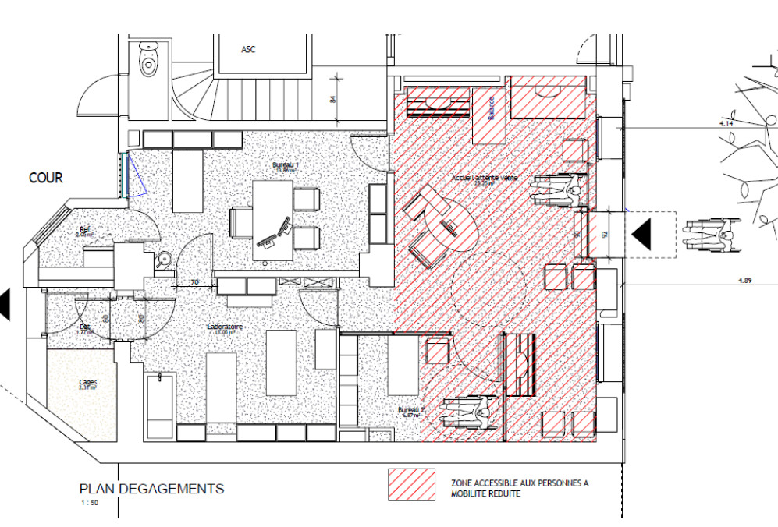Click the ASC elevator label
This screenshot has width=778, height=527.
248,49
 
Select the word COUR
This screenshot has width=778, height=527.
45,178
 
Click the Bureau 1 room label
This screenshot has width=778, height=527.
285,166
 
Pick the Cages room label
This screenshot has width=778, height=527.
87,383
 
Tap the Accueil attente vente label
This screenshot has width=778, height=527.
484,179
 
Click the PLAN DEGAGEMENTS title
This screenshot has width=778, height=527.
151,489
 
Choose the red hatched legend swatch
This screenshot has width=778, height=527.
412,484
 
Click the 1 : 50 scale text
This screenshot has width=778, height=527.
88,503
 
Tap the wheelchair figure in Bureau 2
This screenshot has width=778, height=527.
467,412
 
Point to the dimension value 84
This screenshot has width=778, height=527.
332,98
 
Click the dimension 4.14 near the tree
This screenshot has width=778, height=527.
727,123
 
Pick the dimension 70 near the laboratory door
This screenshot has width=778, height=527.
174,280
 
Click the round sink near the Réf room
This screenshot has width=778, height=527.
163,260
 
